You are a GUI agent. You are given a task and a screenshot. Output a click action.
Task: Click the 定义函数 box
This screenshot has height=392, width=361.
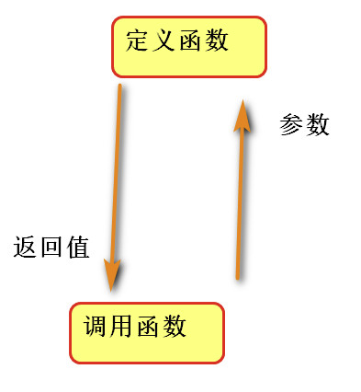(188, 46)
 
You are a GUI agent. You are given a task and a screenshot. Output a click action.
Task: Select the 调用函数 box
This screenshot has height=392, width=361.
(146, 331)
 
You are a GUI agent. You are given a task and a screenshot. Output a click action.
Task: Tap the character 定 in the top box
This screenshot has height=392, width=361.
(137, 40)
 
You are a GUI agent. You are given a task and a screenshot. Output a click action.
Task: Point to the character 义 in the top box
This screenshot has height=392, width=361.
(165, 40)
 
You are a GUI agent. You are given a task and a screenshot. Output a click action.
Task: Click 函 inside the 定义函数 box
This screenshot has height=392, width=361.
(191, 40)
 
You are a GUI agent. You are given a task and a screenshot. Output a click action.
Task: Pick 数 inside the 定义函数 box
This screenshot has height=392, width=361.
(218, 40)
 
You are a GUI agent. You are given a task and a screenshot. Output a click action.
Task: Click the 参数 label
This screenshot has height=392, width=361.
(304, 125)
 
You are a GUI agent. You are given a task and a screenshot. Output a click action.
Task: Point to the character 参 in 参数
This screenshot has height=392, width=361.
(291, 125)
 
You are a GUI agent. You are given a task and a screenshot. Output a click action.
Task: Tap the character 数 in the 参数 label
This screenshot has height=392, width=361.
(317, 125)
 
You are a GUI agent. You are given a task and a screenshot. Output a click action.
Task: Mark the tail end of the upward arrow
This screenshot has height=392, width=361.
(237, 276)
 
